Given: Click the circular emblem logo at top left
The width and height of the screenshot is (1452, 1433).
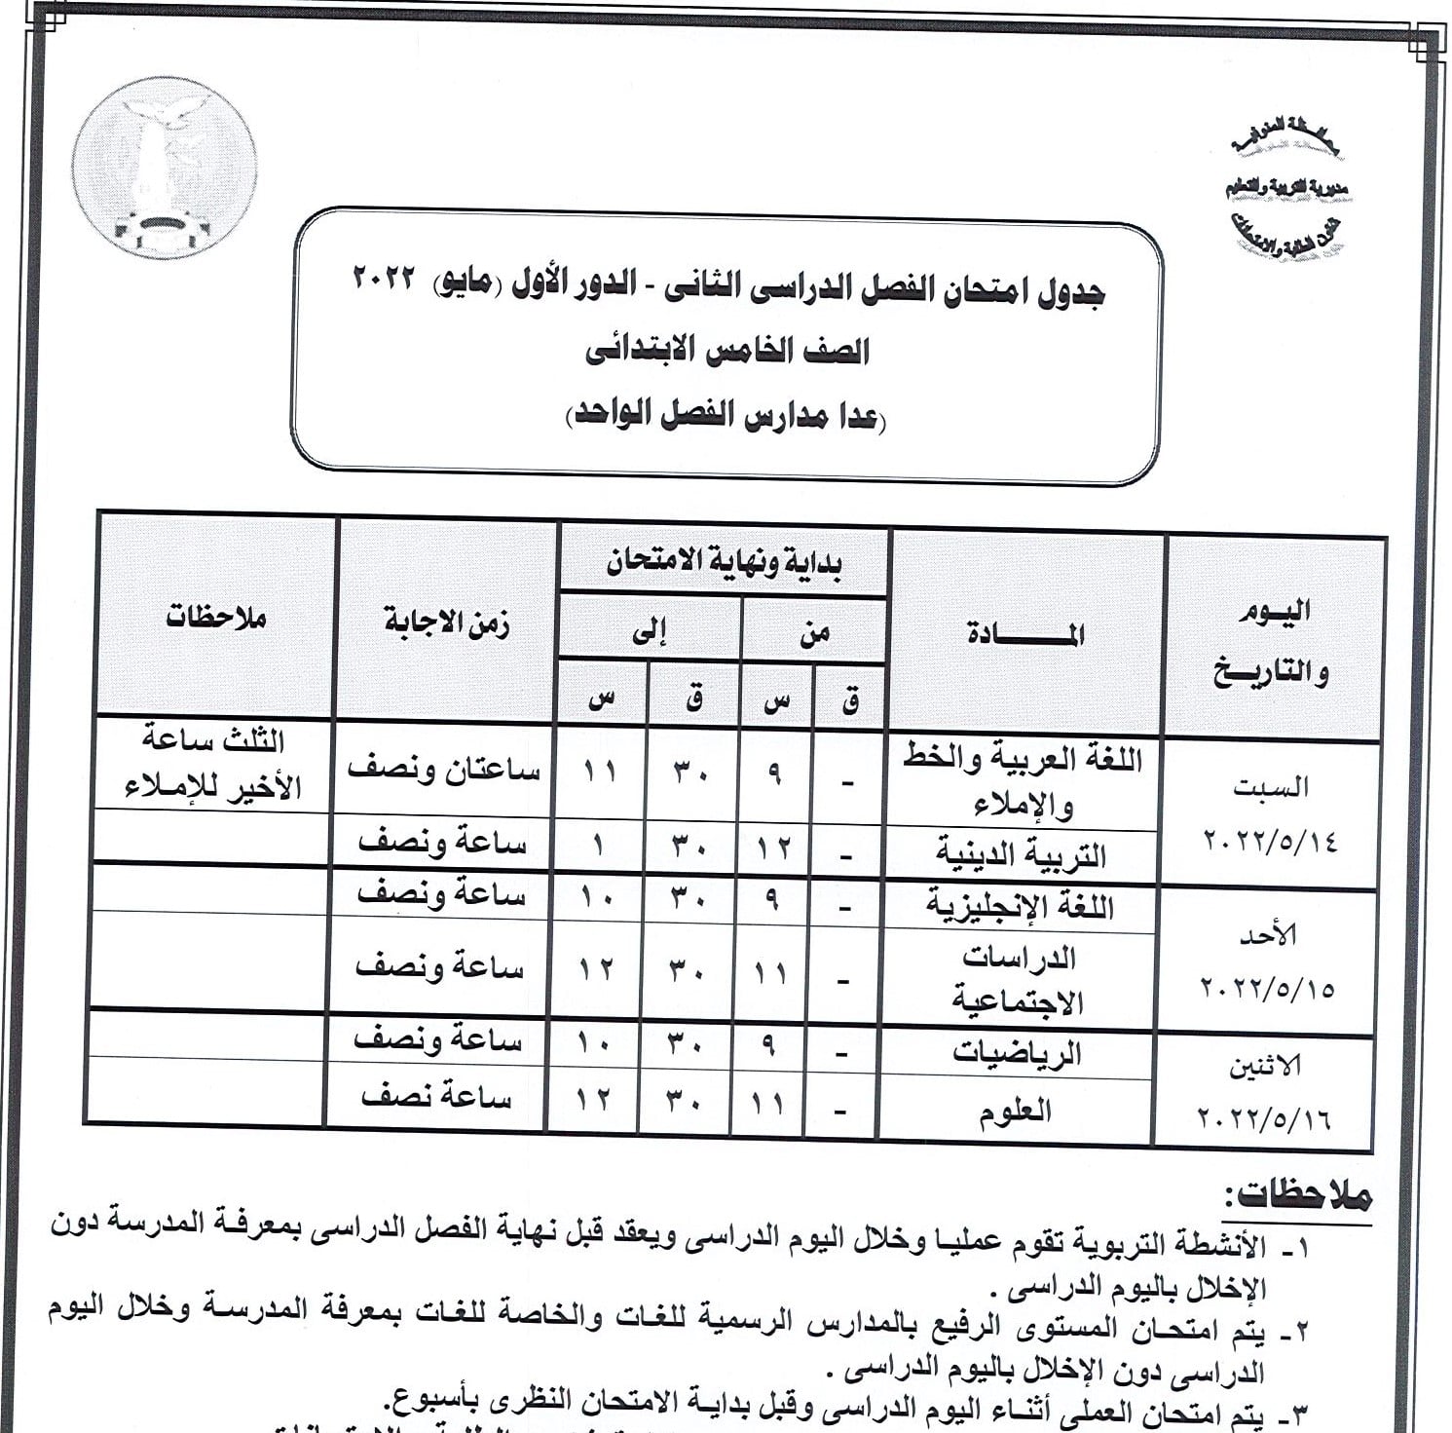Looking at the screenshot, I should coord(165,167).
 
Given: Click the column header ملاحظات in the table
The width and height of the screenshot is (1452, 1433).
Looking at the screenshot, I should coord(215,618).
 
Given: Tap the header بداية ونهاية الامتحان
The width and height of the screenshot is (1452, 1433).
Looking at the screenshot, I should coord(725,562).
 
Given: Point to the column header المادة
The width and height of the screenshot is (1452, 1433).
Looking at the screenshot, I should coord(1025,634).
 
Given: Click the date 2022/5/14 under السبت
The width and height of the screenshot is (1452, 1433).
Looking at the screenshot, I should coord(1270,839).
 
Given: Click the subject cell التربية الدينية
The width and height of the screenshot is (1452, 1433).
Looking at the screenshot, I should coord(1021,855).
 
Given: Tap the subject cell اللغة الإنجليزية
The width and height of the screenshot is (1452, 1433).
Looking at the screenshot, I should coord(1019,906).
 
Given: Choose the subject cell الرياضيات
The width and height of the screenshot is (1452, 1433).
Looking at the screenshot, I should coord(1017,1053).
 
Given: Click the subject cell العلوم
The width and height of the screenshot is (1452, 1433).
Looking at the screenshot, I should coord(1015,1110).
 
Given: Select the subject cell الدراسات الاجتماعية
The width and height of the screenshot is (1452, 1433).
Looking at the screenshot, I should coord(1019,978).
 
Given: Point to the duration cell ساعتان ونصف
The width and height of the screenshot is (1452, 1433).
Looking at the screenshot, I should coord(443,770).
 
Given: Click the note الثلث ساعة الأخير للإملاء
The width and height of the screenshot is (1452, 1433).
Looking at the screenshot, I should coord(213,764).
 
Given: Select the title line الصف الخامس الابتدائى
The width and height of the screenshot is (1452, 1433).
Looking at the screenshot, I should coord(726,352).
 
